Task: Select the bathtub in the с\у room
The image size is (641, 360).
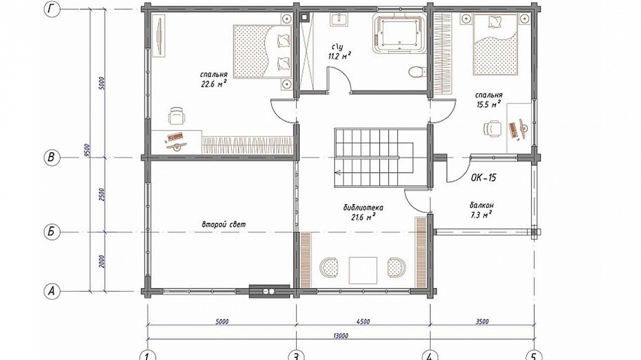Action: point(399,34)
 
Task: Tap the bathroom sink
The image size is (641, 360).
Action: point(339,19)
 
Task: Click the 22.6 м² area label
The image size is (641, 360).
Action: point(214,84)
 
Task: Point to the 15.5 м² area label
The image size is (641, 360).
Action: point(489,104)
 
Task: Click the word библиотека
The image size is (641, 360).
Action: point(363,208)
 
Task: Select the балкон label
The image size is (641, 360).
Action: point(481,205)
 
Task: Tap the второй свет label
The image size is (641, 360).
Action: point(224,224)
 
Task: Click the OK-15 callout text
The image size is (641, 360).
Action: point(484,178)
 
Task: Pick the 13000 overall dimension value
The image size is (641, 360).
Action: point(341,336)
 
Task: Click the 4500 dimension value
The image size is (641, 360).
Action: point(363,322)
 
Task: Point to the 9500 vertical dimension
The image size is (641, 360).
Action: point(87,150)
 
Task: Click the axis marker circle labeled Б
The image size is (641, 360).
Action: point(52,232)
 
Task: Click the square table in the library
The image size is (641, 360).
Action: point(363,271)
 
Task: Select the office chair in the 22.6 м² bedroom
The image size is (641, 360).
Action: point(177,116)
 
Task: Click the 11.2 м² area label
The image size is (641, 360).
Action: point(340,56)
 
